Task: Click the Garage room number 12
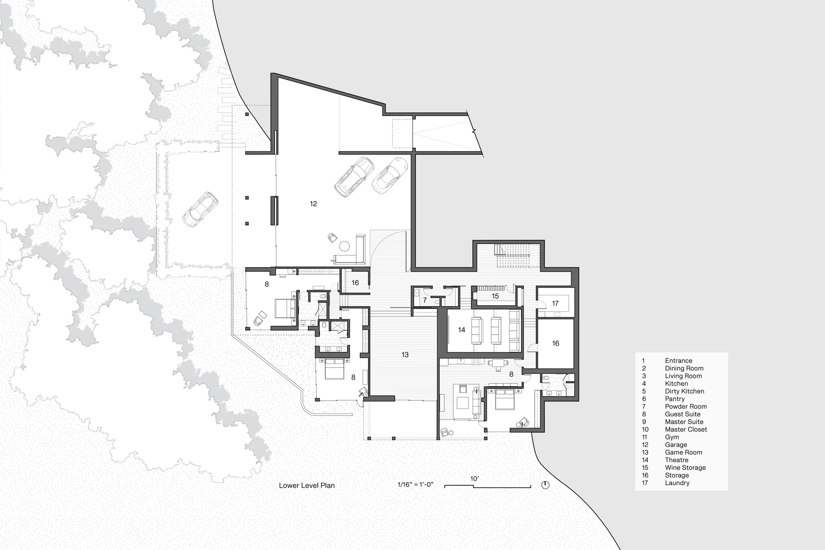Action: click(x=313, y=204)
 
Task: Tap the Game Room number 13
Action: click(x=405, y=355)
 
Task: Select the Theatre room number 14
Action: click(x=462, y=330)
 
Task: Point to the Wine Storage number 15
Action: click(x=495, y=296)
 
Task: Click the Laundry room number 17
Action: click(x=555, y=304)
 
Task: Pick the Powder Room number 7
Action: click(x=425, y=300)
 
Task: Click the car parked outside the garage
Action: click(x=200, y=210)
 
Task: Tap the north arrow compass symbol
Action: click(x=545, y=485)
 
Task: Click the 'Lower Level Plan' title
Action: click(x=307, y=486)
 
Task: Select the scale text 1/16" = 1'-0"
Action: click(x=415, y=485)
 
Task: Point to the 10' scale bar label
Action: click(x=474, y=479)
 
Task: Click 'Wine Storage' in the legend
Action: click(x=685, y=468)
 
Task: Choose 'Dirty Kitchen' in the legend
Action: click(x=684, y=392)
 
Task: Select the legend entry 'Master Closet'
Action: click(x=686, y=430)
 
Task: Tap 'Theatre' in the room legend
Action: click(x=676, y=460)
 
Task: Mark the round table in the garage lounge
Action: click(x=344, y=247)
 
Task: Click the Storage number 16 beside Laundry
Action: click(x=556, y=344)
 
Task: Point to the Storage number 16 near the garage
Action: click(x=355, y=283)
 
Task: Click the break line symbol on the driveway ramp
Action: click(x=474, y=132)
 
